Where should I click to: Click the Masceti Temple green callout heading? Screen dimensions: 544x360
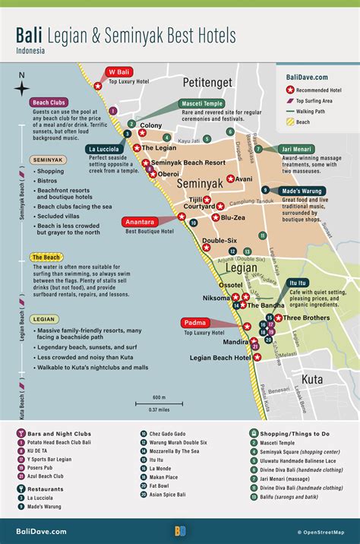202,103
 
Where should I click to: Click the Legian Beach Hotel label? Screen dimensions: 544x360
220,357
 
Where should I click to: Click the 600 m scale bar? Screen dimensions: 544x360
159,402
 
